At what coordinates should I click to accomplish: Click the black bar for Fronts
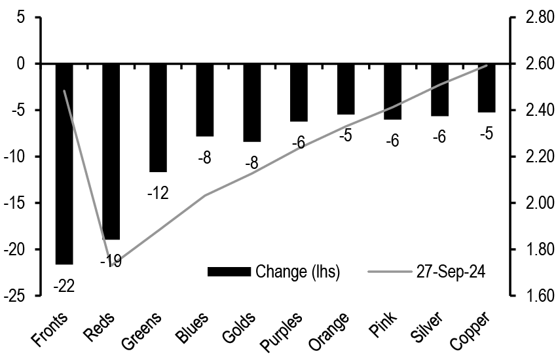pos(64,164)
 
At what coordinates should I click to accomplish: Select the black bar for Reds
pos(111,151)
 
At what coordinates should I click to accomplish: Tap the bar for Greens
pos(158,118)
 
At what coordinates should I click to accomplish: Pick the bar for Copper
pos(487,88)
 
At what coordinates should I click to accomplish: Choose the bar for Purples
pos(299,92)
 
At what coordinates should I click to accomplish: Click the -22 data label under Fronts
pos(64,285)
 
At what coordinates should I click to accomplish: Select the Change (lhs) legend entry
pos(274,271)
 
